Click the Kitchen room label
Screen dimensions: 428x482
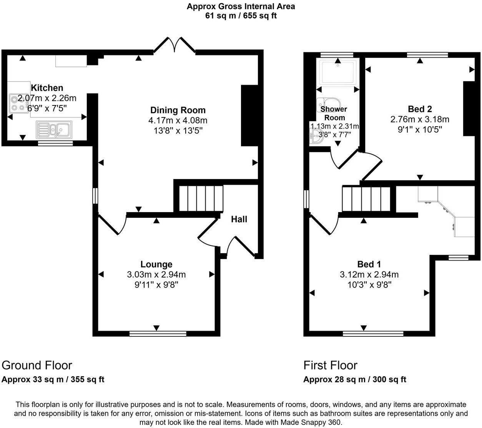[x=47, y=88]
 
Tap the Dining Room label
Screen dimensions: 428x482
[x=178, y=110]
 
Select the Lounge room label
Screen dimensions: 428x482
[x=156, y=264]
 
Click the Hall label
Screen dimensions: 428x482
[x=239, y=219]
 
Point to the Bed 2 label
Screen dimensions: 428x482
[x=419, y=109]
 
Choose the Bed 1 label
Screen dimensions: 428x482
[x=369, y=264]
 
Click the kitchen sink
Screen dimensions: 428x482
[x=54, y=129]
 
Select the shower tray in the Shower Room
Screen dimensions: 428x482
[x=339, y=72]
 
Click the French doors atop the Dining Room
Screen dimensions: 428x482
[x=175, y=45]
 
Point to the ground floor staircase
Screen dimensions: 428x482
[x=201, y=198]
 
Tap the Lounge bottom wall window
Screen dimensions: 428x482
[x=158, y=333]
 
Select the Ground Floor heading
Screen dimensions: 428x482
[x=37, y=365]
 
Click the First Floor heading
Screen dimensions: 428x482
[x=330, y=365]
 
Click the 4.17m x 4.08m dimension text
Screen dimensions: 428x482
[x=178, y=120]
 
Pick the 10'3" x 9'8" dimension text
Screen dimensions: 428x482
[x=369, y=285]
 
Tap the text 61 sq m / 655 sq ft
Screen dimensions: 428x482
[x=241, y=16]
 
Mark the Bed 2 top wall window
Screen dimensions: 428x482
[x=427, y=55]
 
